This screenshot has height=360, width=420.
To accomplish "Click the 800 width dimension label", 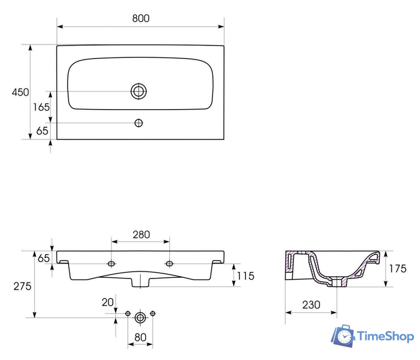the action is pyautogui.click(x=141, y=18).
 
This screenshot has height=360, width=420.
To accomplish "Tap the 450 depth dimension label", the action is pyautogui.click(x=20, y=92).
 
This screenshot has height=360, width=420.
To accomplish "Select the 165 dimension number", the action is pyautogui.click(x=41, y=107).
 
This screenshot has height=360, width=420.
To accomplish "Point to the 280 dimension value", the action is pyautogui.click(x=141, y=235).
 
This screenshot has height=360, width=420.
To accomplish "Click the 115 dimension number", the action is pyautogui.click(x=245, y=276).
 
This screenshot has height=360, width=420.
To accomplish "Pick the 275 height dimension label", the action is pyautogui.click(x=23, y=286).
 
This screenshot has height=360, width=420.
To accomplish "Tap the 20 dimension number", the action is pyautogui.click(x=108, y=303).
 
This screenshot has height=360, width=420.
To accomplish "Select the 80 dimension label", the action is pyautogui.click(x=140, y=337).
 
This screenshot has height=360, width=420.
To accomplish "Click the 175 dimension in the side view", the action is pyautogui.click(x=397, y=268).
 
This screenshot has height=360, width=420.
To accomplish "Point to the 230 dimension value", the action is pyautogui.click(x=311, y=305).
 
